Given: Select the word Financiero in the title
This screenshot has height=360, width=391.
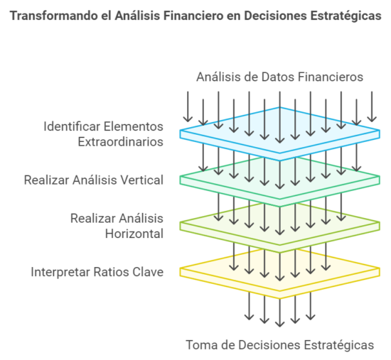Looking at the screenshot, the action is pos(193,16).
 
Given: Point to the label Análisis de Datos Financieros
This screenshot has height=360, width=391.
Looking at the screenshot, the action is pos(279,77).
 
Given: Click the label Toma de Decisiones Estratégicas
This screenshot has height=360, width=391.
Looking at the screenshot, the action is pos(280,345).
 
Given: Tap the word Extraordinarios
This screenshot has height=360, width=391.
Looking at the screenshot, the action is pos(121,142).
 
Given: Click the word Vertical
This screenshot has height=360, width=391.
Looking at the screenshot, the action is pos(141,180).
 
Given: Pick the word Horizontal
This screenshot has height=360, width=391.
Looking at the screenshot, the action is pos(134,234).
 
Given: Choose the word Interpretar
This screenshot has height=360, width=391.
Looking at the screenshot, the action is pos(60,272).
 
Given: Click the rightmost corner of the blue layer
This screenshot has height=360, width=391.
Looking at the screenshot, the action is pos(380,131).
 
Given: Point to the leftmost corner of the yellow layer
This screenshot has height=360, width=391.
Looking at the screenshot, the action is pos(180,268).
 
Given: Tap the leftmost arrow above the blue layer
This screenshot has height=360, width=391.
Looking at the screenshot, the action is pos(188,107).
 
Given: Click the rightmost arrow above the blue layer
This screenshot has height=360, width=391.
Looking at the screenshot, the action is pos(372,107).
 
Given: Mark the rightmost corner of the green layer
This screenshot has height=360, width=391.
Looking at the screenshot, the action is pos(380,177).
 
